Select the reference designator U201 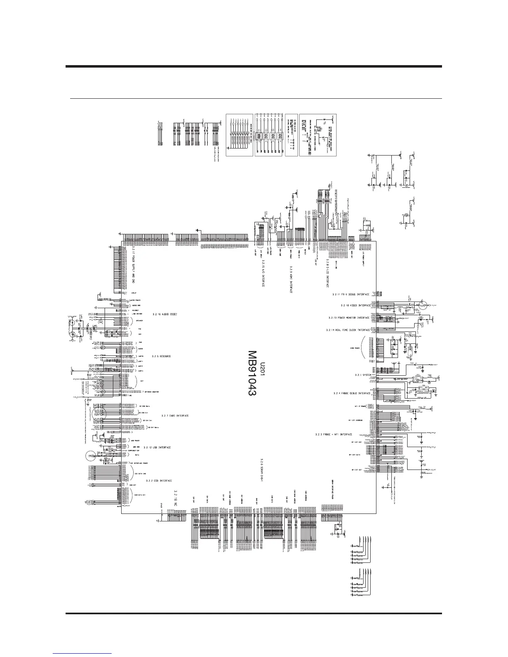(262, 369)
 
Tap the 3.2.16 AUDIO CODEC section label (165, 314)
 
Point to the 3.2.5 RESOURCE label (161, 356)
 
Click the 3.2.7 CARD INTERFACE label (175, 416)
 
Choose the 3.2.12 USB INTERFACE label (157, 448)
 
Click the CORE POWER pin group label (350, 348)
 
